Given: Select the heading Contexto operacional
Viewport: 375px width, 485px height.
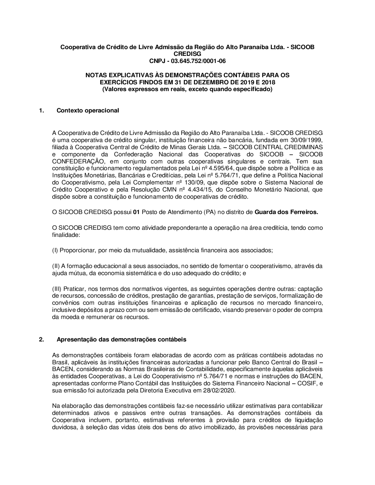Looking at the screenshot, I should coord(88,110).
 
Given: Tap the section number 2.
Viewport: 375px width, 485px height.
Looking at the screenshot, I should coord(41,340).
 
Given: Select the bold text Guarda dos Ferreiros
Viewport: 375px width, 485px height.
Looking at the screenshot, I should coord(286,212).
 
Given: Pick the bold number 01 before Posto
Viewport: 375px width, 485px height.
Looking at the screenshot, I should coord(136,212).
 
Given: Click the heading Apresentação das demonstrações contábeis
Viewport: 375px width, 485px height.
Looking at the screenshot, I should coord(121,340).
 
